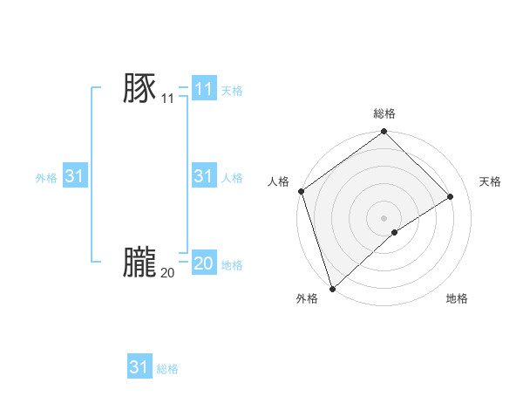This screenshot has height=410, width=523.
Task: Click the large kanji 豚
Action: [139, 88]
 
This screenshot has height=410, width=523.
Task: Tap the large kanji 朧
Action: [139, 261]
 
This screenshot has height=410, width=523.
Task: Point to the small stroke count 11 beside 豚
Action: [167, 99]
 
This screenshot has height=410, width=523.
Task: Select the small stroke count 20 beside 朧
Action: [167, 272]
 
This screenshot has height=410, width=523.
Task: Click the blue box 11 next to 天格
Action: [203, 89]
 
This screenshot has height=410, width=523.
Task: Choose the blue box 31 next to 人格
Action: [203, 176]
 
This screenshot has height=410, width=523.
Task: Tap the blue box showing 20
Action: [203, 263]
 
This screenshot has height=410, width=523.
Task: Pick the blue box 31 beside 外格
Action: [75, 176]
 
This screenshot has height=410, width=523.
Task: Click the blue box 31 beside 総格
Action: [139, 367]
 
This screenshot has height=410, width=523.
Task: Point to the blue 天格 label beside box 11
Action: [232, 90]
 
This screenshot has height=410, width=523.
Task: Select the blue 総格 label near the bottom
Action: [167, 369]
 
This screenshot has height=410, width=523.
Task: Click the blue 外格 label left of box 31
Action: [46, 178]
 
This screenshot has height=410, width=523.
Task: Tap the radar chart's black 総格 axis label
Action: [384, 114]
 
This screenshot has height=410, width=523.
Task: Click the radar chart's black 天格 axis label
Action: [491, 181]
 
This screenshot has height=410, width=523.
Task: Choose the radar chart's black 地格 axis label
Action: [457, 299]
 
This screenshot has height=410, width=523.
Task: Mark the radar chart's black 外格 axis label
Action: [307, 299]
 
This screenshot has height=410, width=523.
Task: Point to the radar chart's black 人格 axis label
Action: [279, 181]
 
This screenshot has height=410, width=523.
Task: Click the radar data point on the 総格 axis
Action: [384, 133]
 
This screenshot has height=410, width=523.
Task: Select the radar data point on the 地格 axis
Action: [395, 232]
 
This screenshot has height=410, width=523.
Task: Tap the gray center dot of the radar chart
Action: [384, 217]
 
